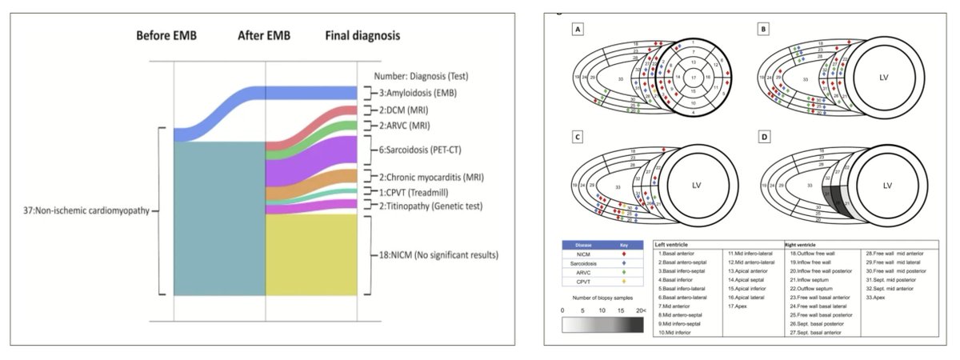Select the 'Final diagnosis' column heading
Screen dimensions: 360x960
click(x=363, y=36)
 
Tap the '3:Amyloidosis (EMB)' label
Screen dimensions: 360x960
click(x=416, y=94)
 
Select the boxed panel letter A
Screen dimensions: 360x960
click(x=577, y=30)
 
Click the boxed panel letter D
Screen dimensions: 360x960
click(x=765, y=138)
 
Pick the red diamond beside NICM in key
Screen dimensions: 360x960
click(x=626, y=251)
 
